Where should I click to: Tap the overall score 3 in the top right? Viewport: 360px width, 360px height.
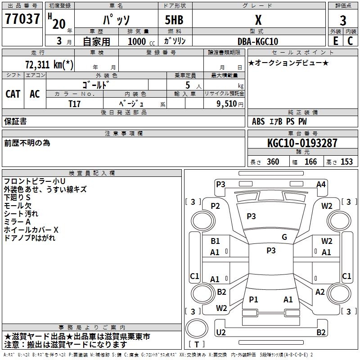pos(343,21)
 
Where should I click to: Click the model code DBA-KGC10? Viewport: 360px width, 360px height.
pos(258,41)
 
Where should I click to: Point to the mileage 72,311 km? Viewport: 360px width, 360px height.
pos(49,64)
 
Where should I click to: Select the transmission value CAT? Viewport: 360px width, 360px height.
pos(13,94)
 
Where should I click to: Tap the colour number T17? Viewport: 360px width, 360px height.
pos(75,103)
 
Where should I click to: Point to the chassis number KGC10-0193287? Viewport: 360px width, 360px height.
pos(302,143)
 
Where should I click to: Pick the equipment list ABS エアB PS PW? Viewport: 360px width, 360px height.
pos(279,121)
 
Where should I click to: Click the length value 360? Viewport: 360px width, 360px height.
pos(273,162)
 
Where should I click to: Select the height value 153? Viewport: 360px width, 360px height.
pos(346,162)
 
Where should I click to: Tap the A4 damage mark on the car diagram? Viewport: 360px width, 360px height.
pos(321,184)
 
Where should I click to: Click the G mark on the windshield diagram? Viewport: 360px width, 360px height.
pos(284,237)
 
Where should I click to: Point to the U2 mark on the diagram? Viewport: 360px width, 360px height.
pos(220,332)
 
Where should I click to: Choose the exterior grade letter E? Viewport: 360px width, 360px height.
pos(335,41)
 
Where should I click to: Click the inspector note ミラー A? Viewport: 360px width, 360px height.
pos(17,222)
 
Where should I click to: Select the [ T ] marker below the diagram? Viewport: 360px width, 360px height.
pos(197,345)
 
